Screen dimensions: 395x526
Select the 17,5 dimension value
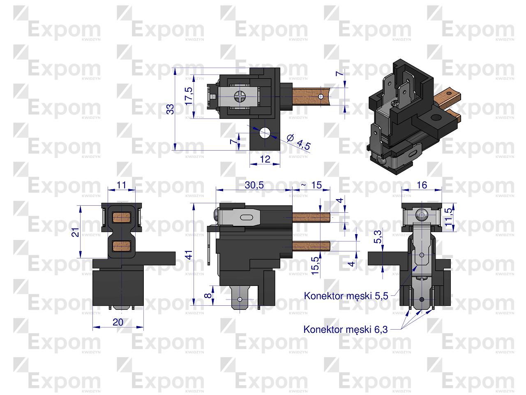[188, 96]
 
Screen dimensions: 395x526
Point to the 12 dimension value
[265, 159]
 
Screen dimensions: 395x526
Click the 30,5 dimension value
[254, 185]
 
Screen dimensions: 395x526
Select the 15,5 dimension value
[315, 266]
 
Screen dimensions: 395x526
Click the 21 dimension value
[75, 232]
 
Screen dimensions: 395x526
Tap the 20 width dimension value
[118, 323]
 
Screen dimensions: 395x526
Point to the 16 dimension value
[422, 185]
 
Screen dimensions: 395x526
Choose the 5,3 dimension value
[378, 238]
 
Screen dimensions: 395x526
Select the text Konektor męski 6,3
[346, 329]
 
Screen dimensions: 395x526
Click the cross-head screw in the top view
[240, 97]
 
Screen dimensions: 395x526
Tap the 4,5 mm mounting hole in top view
[264, 133]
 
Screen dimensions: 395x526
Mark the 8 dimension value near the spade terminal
[208, 295]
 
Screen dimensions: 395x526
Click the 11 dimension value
[121, 185]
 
